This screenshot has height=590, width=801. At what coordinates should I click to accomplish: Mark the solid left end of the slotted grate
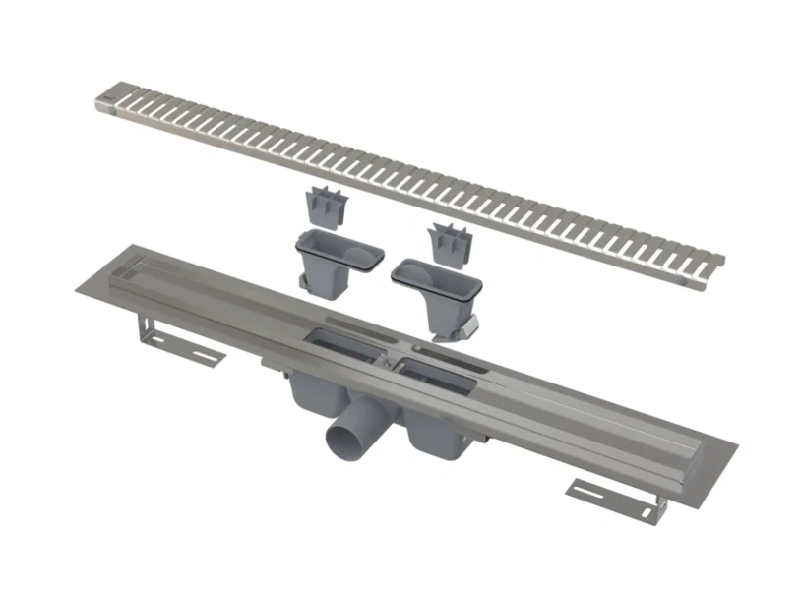point(109,98)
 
